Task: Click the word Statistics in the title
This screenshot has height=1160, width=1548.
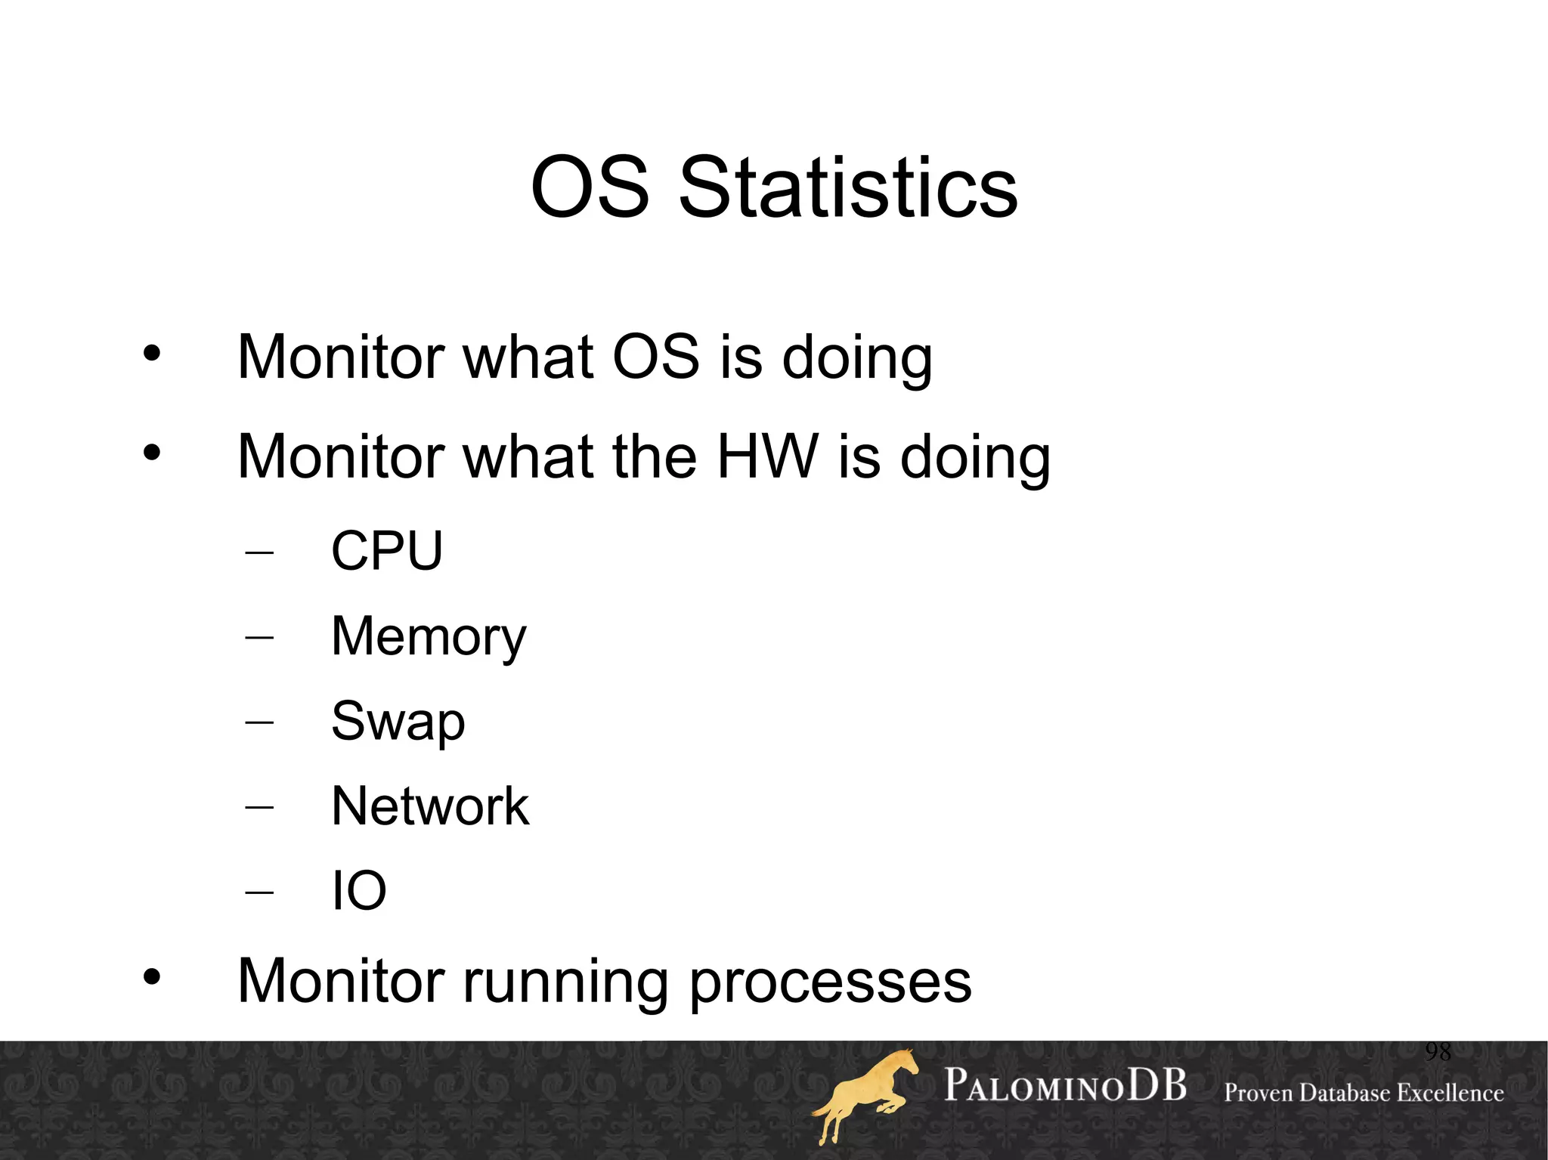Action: [x=848, y=187]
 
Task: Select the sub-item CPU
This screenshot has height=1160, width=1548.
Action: [x=387, y=550]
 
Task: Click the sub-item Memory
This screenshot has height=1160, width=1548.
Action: [x=429, y=636]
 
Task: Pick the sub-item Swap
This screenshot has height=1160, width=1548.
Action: [x=398, y=721]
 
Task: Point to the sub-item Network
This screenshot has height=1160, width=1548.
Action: [x=430, y=806]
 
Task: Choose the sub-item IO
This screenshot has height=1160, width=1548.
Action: [x=359, y=890]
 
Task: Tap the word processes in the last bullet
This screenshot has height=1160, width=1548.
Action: [x=830, y=982]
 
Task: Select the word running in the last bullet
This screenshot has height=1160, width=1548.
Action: [x=565, y=982]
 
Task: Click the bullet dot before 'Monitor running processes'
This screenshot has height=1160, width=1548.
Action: [x=152, y=977]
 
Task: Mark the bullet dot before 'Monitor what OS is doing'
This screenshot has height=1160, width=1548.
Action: [x=152, y=353]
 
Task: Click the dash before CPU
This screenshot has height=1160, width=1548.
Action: [x=259, y=552]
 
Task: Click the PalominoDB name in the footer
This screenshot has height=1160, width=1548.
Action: [x=1065, y=1086]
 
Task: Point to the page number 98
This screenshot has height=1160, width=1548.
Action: [x=1438, y=1051]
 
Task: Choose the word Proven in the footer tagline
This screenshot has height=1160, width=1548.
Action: [x=1259, y=1093]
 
